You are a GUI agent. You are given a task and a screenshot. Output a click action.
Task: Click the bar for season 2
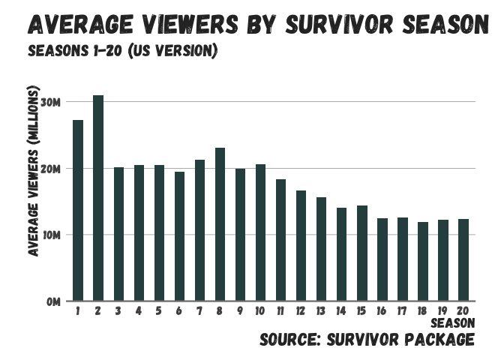(x=98, y=198)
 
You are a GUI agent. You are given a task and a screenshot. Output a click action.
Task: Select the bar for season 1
(x=78, y=211)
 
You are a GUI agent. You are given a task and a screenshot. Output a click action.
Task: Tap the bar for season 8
(x=220, y=224)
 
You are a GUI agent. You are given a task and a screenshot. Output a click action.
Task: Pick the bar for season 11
(x=280, y=240)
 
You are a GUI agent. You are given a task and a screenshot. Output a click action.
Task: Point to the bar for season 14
(x=341, y=254)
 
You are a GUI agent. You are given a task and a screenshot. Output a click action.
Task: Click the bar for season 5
(x=159, y=233)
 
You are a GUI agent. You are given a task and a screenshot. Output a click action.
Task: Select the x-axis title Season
(x=454, y=323)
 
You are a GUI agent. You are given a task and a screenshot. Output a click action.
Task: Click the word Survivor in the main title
(x=346, y=24)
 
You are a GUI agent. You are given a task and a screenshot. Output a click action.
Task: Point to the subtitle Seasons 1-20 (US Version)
(x=122, y=52)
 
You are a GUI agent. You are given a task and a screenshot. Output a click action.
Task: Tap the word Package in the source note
(x=439, y=340)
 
